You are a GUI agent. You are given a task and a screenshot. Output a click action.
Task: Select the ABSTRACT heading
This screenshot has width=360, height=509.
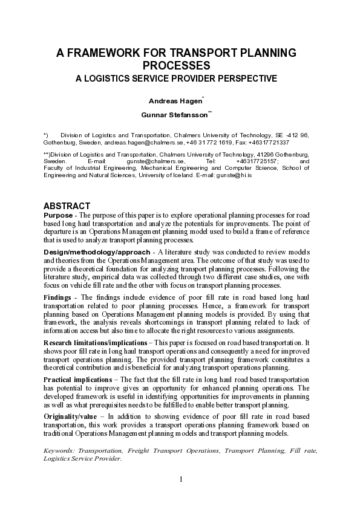pyautogui.click(x=67, y=206)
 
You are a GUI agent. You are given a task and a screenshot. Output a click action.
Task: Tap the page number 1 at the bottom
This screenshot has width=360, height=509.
pyautogui.click(x=180, y=479)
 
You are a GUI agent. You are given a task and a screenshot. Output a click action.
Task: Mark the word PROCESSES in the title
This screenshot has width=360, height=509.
pyautogui.click(x=176, y=65)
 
